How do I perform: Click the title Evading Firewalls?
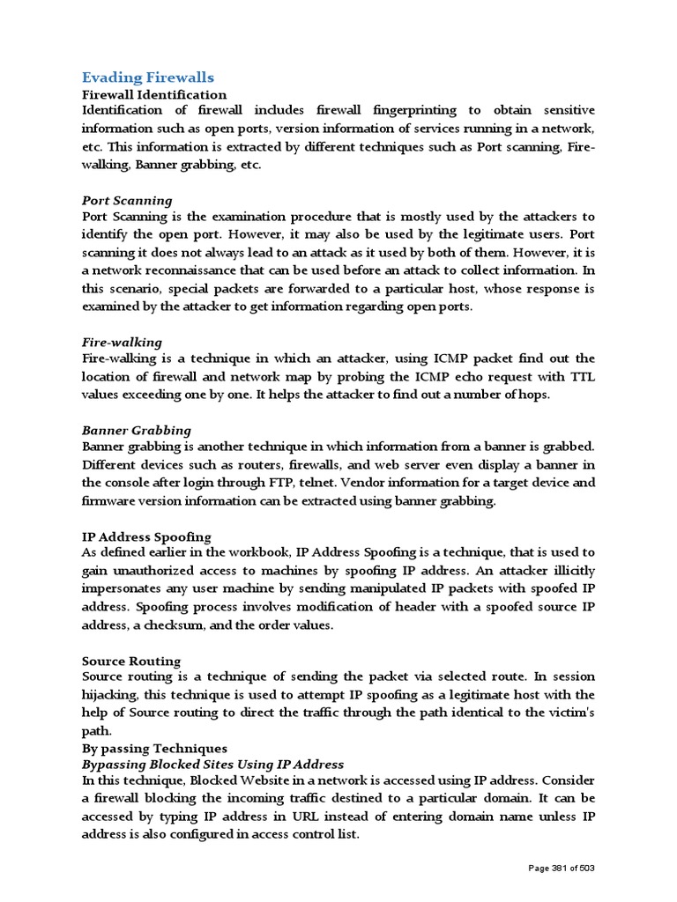point(148,78)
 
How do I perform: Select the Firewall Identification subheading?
point(154,94)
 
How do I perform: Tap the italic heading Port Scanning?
point(127,201)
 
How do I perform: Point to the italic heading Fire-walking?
point(122,342)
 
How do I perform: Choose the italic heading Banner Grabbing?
point(137,431)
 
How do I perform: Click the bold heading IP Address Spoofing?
point(146,536)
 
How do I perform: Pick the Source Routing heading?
point(131,661)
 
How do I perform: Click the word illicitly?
point(569,571)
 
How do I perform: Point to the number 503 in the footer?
point(587,869)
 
